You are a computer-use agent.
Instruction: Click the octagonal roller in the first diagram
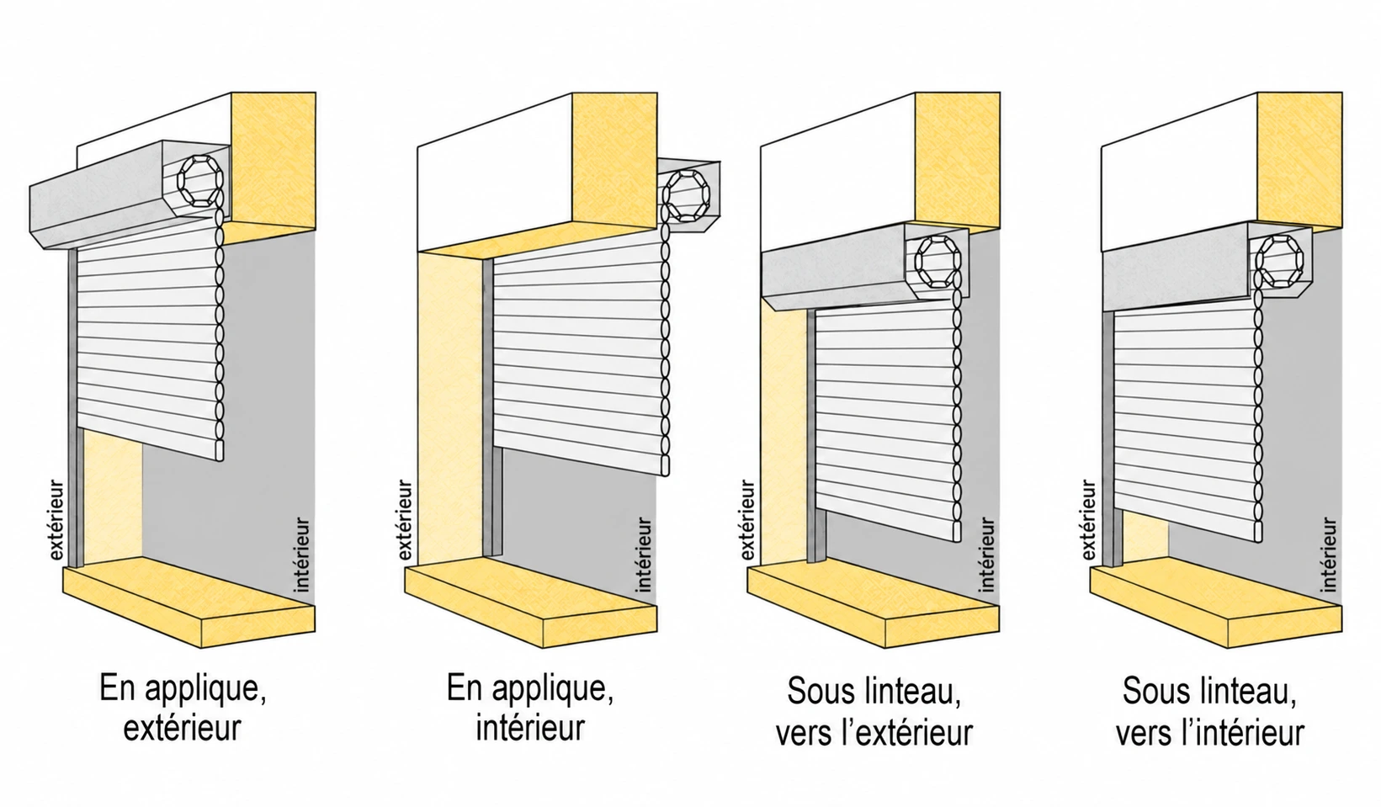tap(199, 181)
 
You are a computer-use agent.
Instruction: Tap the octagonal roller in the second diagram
tap(686, 195)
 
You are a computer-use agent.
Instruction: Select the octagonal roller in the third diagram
tap(937, 262)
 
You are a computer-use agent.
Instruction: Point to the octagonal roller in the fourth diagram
tap(1279, 262)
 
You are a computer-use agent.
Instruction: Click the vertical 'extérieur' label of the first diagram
tap(56, 520)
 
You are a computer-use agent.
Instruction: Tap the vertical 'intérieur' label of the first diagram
tap(301, 555)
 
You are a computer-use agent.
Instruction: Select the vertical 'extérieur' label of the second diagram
tap(405, 520)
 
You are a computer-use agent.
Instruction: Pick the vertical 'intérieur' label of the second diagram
tap(644, 555)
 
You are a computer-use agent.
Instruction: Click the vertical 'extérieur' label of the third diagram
tap(747, 520)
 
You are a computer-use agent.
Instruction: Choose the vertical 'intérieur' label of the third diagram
tap(986, 555)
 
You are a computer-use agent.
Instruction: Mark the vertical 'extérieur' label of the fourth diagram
tap(1089, 520)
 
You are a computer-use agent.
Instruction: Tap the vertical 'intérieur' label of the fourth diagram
tap(1329, 555)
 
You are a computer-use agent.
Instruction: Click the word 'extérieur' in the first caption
tap(182, 728)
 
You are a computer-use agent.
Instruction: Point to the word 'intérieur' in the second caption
tap(530, 727)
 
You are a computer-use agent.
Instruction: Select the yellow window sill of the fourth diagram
tap(1216, 601)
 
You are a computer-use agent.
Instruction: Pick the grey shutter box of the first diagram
tap(130, 194)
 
